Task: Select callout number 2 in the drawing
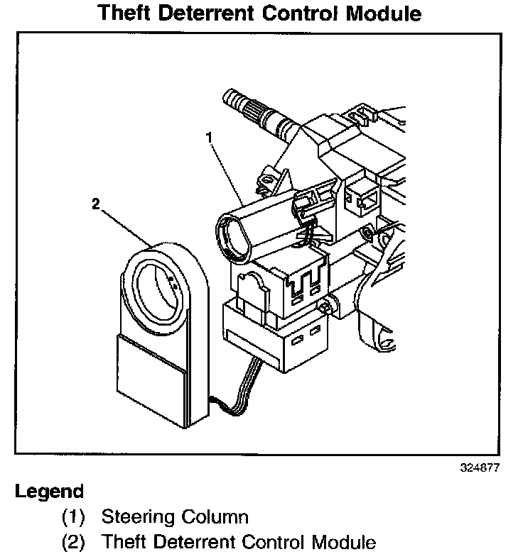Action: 96,204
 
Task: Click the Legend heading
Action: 49,491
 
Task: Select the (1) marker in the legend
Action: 73,516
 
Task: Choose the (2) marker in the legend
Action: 73,543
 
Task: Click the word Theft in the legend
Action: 122,543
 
